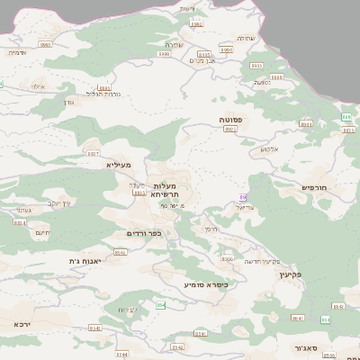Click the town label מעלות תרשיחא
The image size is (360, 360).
[x=169, y=190]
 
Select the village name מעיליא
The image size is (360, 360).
[x=118, y=165]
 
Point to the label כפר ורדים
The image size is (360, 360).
[x=143, y=233]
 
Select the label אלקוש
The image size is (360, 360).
[x=270, y=148]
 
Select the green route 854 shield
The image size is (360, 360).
[x=161, y=305]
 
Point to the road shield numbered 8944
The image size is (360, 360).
[x=305, y=125]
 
